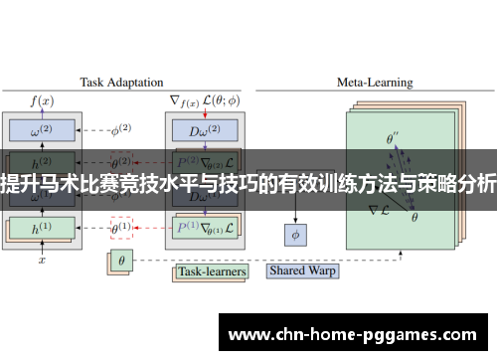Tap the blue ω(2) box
(43, 130)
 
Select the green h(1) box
(43, 228)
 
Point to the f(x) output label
(43, 100)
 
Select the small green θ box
(121, 263)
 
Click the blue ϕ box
(295, 236)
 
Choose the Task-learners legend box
(212, 270)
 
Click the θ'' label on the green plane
(393, 140)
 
